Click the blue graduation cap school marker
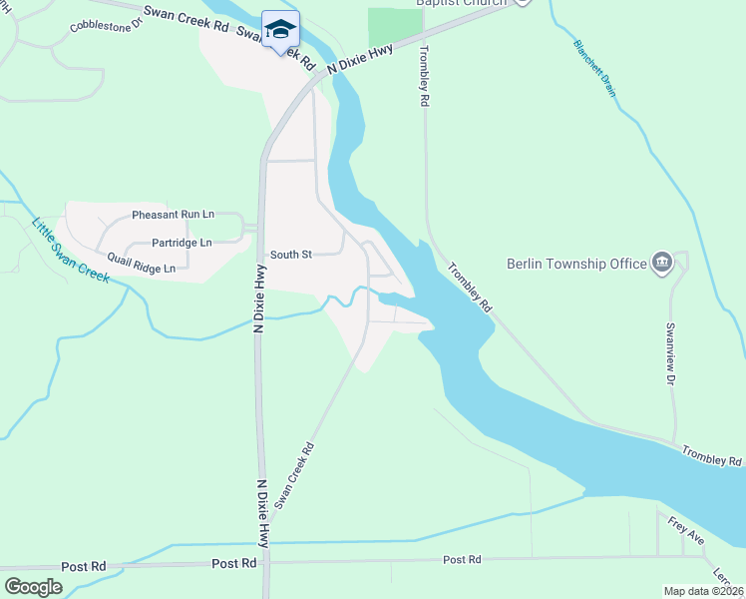281,28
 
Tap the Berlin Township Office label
577,264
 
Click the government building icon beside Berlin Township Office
660,264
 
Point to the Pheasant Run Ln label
173,215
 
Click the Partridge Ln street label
182,243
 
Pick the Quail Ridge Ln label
141,268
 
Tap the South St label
291,255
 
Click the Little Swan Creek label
70,250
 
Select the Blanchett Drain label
594,68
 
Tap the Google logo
33,587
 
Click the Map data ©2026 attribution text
703,591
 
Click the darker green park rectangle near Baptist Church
396,28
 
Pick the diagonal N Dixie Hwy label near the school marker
359,58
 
